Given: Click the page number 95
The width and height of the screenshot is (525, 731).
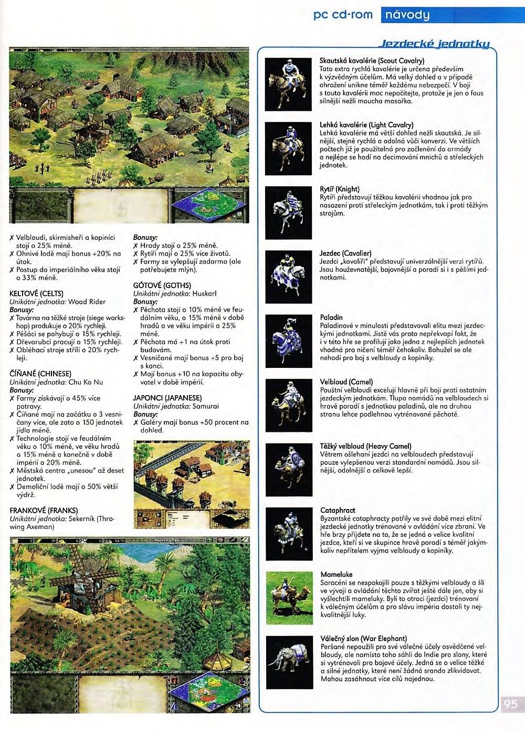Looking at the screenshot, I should pyautogui.click(x=510, y=704).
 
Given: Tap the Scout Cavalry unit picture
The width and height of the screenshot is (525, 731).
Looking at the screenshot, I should pyautogui.click(x=288, y=84).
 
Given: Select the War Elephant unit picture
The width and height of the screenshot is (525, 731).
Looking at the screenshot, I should pyautogui.click(x=289, y=662).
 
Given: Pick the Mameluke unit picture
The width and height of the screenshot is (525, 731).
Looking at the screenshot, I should pyautogui.click(x=289, y=598).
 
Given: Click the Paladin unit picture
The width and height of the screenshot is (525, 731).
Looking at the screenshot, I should pyautogui.click(x=288, y=341).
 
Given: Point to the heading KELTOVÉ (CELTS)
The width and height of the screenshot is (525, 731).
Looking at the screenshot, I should pyautogui.click(x=36, y=293).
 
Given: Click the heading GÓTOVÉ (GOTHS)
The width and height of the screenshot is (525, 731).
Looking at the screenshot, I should pyautogui.click(x=162, y=285).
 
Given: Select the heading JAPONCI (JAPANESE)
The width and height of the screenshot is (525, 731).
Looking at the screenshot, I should pyautogui.click(x=167, y=398).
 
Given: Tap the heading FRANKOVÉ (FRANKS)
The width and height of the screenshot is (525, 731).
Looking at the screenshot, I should pyautogui.click(x=44, y=510).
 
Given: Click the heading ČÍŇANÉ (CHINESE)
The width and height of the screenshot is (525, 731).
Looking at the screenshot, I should pyautogui.click(x=40, y=374).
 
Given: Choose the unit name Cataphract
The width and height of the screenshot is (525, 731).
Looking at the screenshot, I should pyautogui.click(x=338, y=510).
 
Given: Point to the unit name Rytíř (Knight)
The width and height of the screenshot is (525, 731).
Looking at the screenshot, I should pyautogui.click(x=340, y=189).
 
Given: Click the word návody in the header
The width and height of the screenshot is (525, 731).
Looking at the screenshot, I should pyautogui.click(x=407, y=15).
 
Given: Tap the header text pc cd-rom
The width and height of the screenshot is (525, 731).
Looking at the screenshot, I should pyautogui.click(x=343, y=15).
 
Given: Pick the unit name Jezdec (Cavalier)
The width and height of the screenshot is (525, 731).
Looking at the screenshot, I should pyautogui.click(x=345, y=253).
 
